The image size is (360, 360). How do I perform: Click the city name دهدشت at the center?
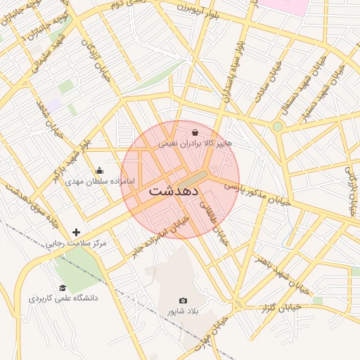coord(174,191)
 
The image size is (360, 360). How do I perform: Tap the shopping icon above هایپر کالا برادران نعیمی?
coord(195,132)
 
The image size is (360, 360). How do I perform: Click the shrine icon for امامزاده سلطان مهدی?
coord(99,170)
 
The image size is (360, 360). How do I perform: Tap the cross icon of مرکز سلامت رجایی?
coord(77,232)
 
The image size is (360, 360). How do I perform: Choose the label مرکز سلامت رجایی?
coord(77,243)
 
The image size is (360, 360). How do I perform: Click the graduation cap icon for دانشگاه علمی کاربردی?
coord(63,288)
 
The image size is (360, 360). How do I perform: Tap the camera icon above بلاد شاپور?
coord(184,300)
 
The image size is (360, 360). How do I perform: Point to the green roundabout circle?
coord(278,127)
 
